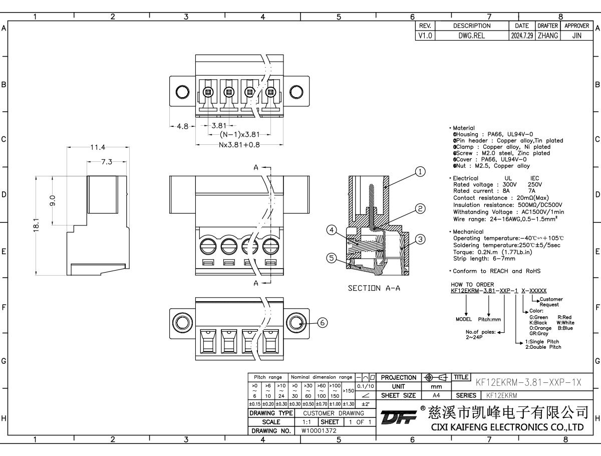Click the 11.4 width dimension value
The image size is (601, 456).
[x=98, y=147]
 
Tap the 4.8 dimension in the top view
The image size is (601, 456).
[x=183, y=126]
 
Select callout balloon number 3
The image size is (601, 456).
[x=421, y=239]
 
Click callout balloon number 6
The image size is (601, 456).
[x=322, y=323]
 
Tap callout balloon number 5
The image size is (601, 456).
[x=331, y=258]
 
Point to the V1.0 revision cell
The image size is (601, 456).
[x=426, y=36]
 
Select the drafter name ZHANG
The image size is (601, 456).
[x=547, y=36]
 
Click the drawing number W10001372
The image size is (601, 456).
[x=319, y=430]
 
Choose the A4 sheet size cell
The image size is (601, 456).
[x=436, y=395]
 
